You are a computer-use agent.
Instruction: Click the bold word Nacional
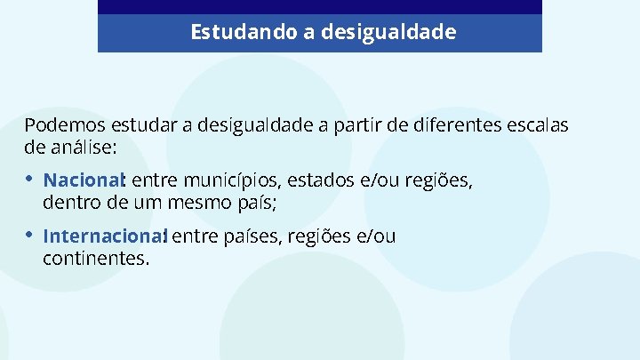point(85,182)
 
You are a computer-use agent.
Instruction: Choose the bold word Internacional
point(104,237)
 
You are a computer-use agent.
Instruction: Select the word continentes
point(95,258)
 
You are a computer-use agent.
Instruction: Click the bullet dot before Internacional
point(30,236)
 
